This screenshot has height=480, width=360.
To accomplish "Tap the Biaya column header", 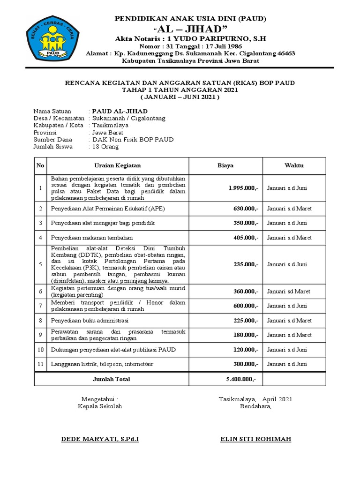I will (225, 165).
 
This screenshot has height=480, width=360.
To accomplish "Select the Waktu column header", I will (294, 165).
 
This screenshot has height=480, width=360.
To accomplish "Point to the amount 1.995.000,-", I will (243, 188).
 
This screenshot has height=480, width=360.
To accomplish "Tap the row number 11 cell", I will (41, 364).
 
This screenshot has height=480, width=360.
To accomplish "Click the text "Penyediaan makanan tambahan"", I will (92, 238).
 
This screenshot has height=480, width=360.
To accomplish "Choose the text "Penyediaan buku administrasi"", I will (90, 321).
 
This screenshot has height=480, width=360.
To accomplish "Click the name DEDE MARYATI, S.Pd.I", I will (100, 439).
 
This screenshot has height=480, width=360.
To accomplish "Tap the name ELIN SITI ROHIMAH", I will (255, 439).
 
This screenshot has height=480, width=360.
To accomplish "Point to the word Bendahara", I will (255, 406).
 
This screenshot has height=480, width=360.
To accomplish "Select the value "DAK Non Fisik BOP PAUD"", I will (133, 140).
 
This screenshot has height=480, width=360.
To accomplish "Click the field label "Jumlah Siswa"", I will (53, 147).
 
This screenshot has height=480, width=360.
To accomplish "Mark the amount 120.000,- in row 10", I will (246, 350).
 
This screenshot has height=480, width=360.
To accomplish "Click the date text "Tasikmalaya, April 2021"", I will (255, 399).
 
